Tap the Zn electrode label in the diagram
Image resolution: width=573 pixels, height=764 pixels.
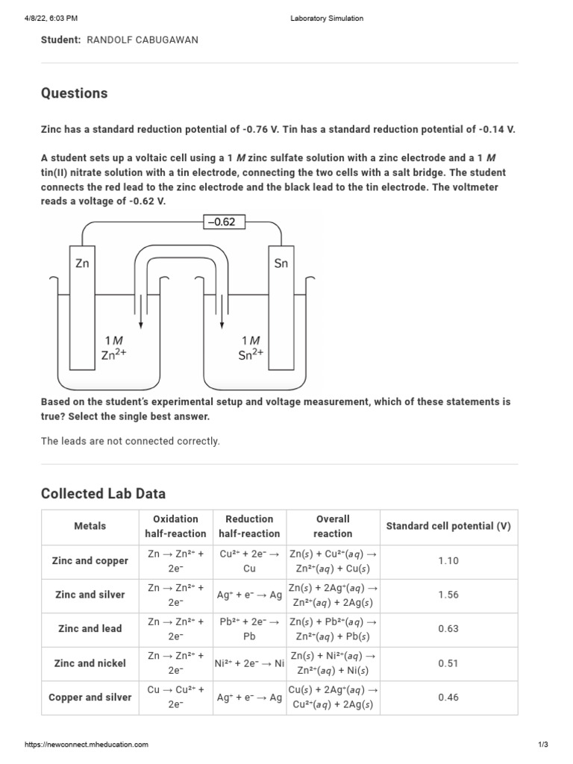pyautogui.click(x=82, y=263)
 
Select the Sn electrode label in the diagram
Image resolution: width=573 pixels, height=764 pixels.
pyautogui.click(x=281, y=263)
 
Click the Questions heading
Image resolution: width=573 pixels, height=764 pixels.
pyautogui.click(x=74, y=93)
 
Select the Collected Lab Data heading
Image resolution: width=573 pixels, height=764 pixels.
pyautogui.click(x=103, y=493)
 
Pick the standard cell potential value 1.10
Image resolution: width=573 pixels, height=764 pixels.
pyautogui.click(x=448, y=561)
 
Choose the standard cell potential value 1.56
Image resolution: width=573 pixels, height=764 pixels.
pyautogui.click(x=448, y=595)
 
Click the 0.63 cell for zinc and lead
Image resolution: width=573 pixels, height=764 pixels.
pyautogui.click(x=448, y=629)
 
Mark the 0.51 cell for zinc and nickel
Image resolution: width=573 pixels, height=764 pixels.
pyautogui.click(x=448, y=663)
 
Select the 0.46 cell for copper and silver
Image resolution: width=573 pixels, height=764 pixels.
pyautogui.click(x=448, y=698)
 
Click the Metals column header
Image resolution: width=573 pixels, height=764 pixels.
pyautogui.click(x=90, y=526)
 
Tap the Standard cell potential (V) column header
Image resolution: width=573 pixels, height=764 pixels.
pyautogui.click(x=448, y=526)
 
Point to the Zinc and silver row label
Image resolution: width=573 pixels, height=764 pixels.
pyautogui.click(x=90, y=595)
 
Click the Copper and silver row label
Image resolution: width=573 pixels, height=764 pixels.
pyautogui.click(x=90, y=698)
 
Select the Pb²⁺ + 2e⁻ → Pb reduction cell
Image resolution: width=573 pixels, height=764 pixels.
pyautogui.click(x=250, y=629)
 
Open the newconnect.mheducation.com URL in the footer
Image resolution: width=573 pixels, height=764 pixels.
pyautogui.click(x=87, y=745)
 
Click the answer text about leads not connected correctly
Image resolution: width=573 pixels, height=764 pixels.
pyautogui.click(x=131, y=441)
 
